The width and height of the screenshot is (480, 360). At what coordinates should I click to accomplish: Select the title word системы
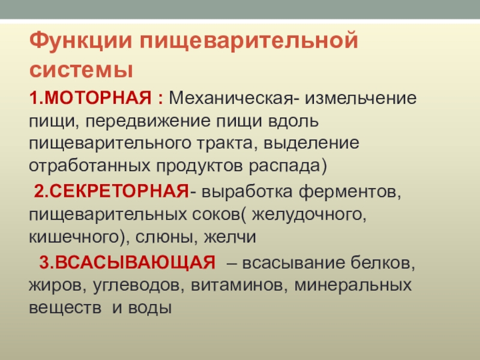pyautogui.click(x=80, y=69)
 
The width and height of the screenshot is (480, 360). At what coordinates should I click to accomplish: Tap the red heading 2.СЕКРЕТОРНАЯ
pyautogui.click(x=112, y=194)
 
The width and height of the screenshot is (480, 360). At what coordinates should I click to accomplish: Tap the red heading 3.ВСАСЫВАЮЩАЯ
pyautogui.click(x=127, y=263)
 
